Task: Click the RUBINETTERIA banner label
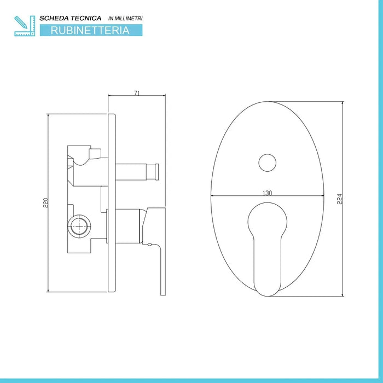90,31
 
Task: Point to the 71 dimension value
137,93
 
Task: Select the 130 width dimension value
268,193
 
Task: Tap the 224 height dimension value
339,198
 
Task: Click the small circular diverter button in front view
267,163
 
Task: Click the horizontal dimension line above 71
137,97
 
